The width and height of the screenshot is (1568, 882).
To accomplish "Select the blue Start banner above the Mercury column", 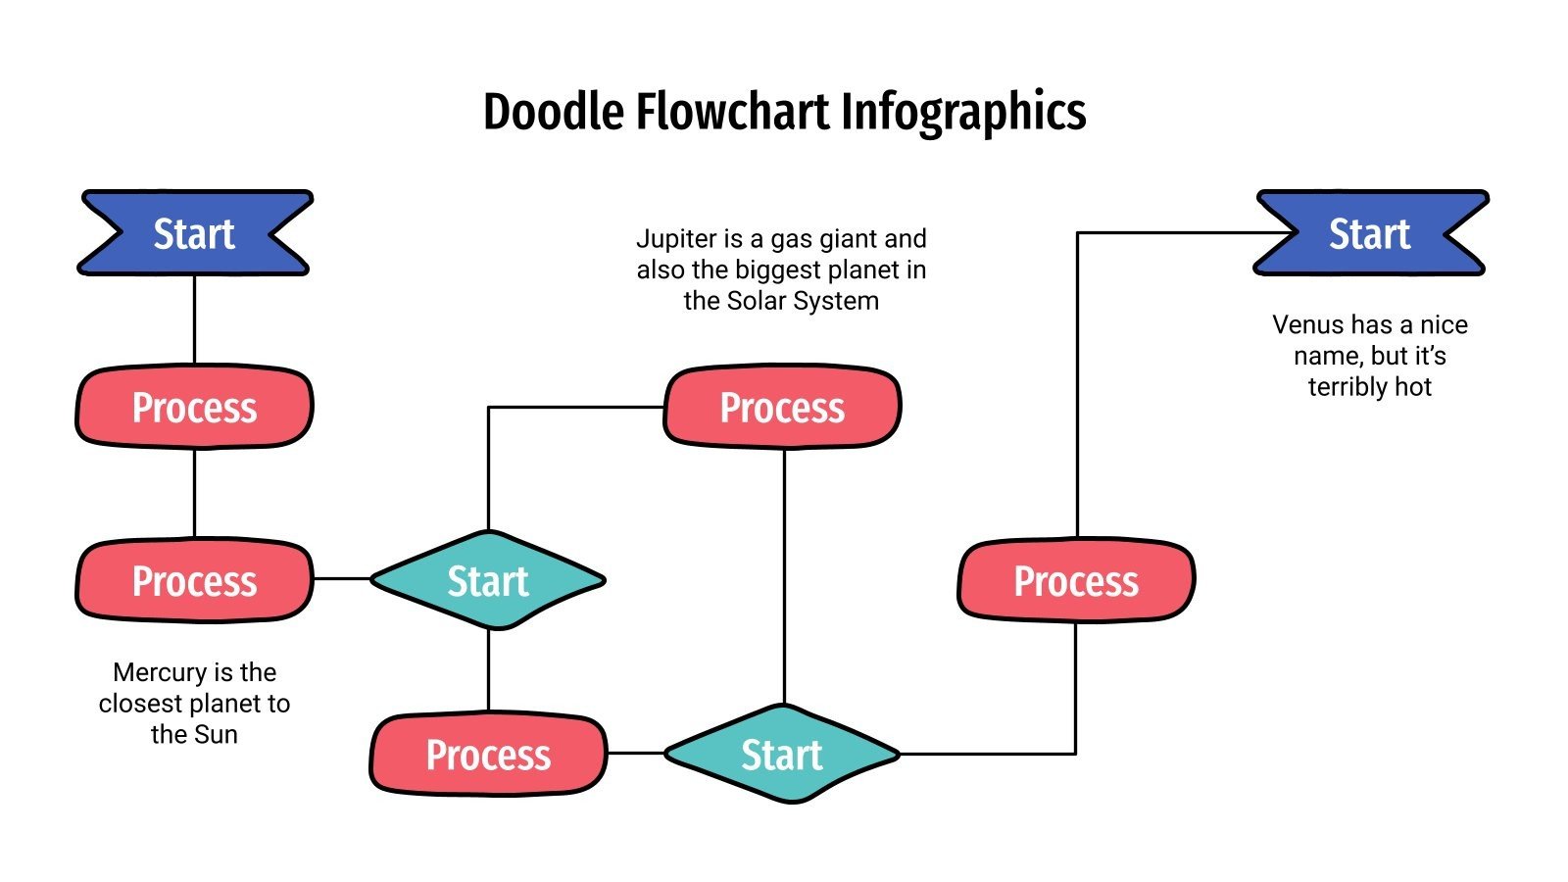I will click(194, 233).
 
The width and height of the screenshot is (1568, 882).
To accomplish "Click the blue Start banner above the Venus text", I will click(1370, 233).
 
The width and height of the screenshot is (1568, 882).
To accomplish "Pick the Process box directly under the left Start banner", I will click(194, 407).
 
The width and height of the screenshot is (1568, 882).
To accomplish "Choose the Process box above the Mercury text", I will click(194, 580).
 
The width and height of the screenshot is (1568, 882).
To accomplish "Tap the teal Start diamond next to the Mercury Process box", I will click(488, 580).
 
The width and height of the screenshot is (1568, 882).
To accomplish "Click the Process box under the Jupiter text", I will click(782, 407).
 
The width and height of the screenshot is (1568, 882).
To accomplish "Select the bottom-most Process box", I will click(488, 754).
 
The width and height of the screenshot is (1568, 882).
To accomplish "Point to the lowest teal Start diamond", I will click(782, 754).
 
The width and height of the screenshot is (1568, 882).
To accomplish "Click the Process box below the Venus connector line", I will click(1076, 580).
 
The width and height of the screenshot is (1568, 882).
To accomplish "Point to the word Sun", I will click(217, 734).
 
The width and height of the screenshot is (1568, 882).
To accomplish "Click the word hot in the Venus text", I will click(1412, 387).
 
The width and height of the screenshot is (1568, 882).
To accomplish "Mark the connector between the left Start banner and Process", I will click(194, 318).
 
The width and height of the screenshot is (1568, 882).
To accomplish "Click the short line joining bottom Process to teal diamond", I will click(636, 753).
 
